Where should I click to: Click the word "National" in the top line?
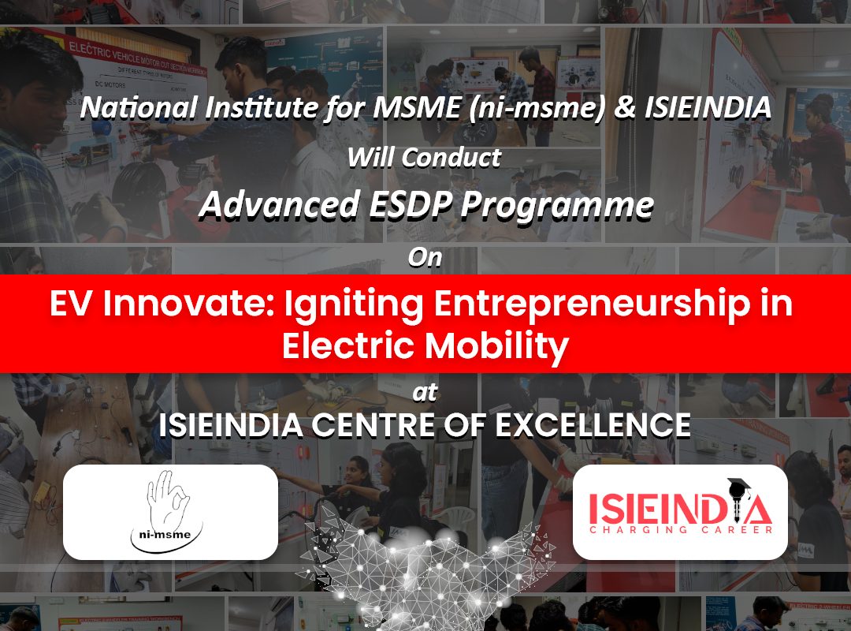pyautogui.click(x=139, y=107)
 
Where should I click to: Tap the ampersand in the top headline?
pyautogui.click(x=625, y=107)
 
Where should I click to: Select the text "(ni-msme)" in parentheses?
pyautogui.click(x=537, y=108)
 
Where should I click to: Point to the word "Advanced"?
pyautogui.click(x=280, y=205)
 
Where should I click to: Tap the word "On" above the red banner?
pyautogui.click(x=425, y=257)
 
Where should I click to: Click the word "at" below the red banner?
pyautogui.click(x=425, y=393)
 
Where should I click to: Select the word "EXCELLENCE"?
pyautogui.click(x=593, y=425)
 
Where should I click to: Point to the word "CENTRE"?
pyautogui.click(x=373, y=425)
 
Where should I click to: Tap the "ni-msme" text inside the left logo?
pyautogui.click(x=165, y=535)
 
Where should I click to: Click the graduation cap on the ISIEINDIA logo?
pyautogui.click(x=738, y=486)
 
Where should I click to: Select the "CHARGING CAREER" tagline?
pyautogui.click(x=681, y=530)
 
